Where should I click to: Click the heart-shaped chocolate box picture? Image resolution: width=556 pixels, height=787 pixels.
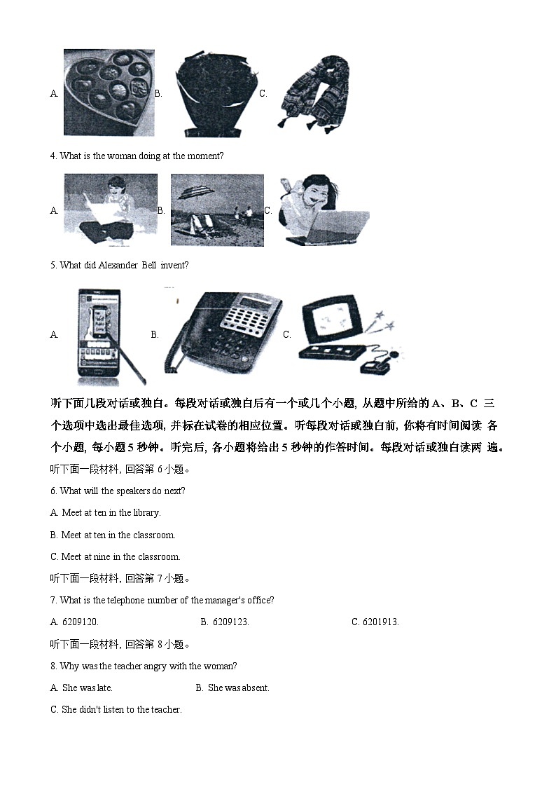[109, 92]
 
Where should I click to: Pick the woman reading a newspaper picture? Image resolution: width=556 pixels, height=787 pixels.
[110, 210]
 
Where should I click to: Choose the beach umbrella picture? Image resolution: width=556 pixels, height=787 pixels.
[217, 210]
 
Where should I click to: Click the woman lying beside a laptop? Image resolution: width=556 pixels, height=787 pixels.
[323, 210]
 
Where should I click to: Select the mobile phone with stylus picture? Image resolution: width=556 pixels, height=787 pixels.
[102, 335]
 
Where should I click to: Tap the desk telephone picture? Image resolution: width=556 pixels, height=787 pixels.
[222, 334]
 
